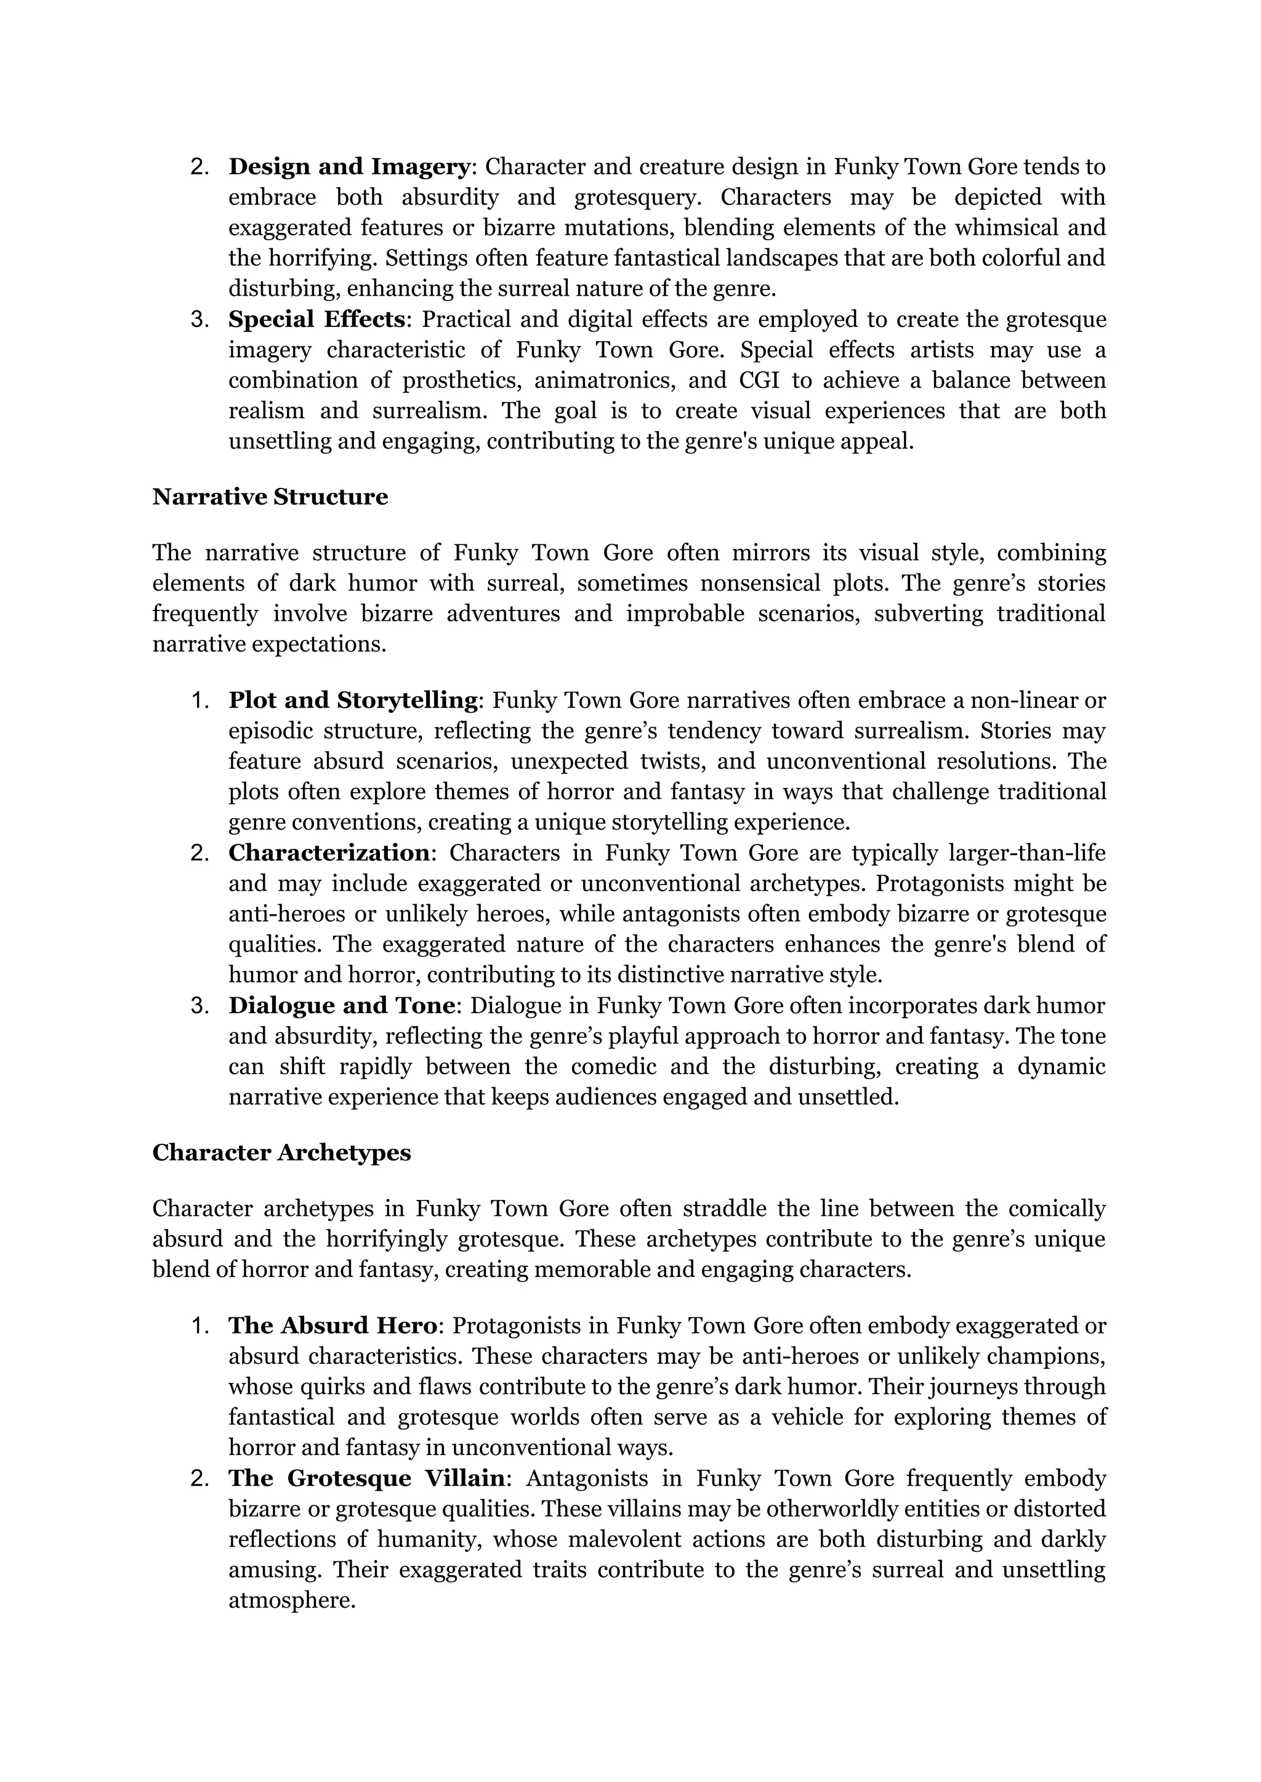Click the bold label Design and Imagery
[x=348, y=167]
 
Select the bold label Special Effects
[x=316, y=319]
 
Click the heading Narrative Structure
[x=270, y=497]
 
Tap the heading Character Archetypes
[x=281, y=1152]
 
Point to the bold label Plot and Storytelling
[x=353, y=701]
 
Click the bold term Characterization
[x=328, y=853]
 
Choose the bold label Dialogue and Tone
[x=341, y=1006]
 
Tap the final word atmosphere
[x=291, y=1600]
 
